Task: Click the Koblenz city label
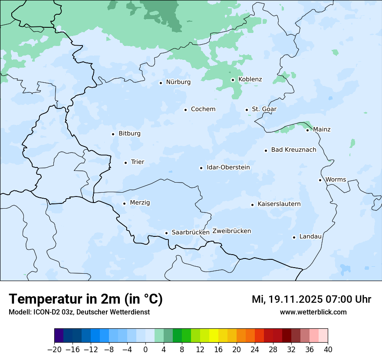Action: (250, 79)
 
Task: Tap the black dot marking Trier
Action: (125, 163)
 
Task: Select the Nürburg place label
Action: (178, 82)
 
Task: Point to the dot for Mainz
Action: (307, 130)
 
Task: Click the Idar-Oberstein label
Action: (228, 167)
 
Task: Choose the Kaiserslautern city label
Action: (279, 204)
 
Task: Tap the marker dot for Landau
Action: (294, 237)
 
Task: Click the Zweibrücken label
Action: (231, 231)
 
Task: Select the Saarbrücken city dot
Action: (166, 233)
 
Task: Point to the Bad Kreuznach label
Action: (293, 150)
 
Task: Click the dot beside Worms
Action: (320, 180)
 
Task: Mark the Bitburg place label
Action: (129, 134)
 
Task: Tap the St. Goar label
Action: (264, 109)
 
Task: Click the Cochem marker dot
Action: (185, 110)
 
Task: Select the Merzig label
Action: (140, 203)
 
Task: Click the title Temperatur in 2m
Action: (86, 299)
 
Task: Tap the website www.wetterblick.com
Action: (313, 312)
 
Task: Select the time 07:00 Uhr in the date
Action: (346, 299)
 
